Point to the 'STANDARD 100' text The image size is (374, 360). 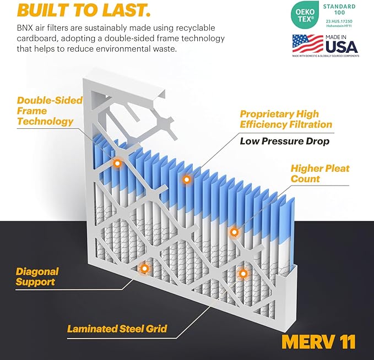339,10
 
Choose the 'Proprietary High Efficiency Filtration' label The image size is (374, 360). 285,119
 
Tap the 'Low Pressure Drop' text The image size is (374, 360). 284,141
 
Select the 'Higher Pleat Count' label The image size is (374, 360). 319,173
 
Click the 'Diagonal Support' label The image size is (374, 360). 36,277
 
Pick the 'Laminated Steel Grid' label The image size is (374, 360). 117,329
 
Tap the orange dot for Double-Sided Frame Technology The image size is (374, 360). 117,163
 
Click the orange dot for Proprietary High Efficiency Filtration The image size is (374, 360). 187,179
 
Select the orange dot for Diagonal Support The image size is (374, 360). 144,268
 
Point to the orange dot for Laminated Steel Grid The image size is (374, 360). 242,272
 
